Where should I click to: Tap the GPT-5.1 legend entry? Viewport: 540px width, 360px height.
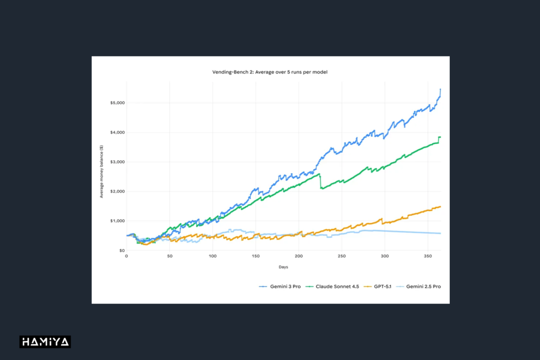pyautogui.click(x=379, y=286)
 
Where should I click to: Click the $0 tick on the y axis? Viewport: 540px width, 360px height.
pyautogui.click(x=121, y=250)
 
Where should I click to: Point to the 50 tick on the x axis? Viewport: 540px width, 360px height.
pyautogui.click(x=169, y=256)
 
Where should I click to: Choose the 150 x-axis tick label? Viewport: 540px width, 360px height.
pyautogui.click(x=256, y=256)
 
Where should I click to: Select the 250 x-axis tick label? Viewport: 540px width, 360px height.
pyautogui.click(x=342, y=256)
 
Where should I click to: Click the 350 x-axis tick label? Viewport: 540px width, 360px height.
pyautogui.click(x=428, y=256)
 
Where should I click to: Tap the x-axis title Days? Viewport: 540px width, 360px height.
pyautogui.click(x=284, y=267)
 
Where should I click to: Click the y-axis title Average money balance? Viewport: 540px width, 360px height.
pyautogui.click(x=101, y=171)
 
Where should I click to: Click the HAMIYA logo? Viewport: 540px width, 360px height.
pyautogui.click(x=45, y=342)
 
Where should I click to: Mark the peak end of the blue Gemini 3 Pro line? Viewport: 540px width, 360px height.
pyautogui.click(x=440, y=90)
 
